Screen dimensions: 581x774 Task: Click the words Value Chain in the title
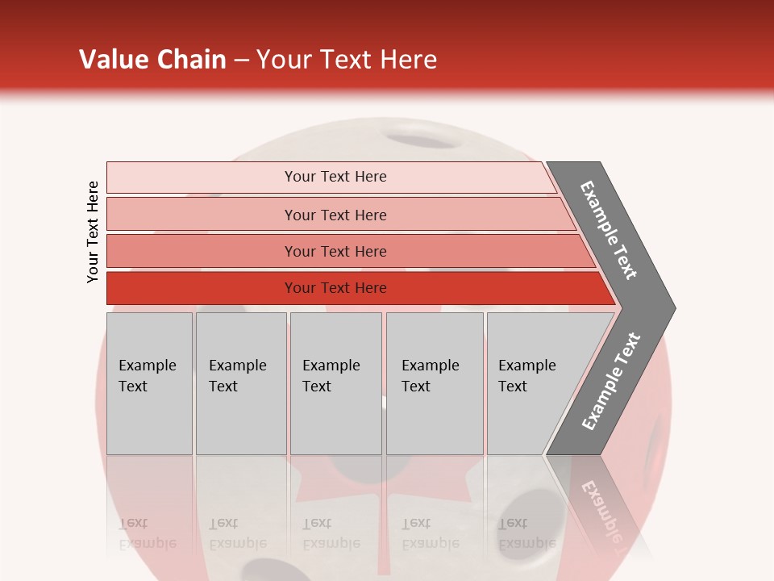tap(152, 60)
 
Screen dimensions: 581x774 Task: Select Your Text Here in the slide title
tap(347, 60)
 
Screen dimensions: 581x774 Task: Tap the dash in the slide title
tap(241, 61)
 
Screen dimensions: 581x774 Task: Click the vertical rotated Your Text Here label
tap(93, 232)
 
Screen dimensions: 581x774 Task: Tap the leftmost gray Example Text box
tap(149, 382)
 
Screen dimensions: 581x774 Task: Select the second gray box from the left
tap(241, 382)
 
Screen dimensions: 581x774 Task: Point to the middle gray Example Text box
tap(335, 382)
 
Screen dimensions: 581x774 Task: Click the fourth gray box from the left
tap(435, 382)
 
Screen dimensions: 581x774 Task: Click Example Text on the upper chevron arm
tap(609, 230)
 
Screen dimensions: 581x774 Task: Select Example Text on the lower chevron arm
tap(611, 381)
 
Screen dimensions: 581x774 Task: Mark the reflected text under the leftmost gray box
tap(148, 533)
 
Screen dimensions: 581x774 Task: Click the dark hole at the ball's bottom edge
tap(266, 569)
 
